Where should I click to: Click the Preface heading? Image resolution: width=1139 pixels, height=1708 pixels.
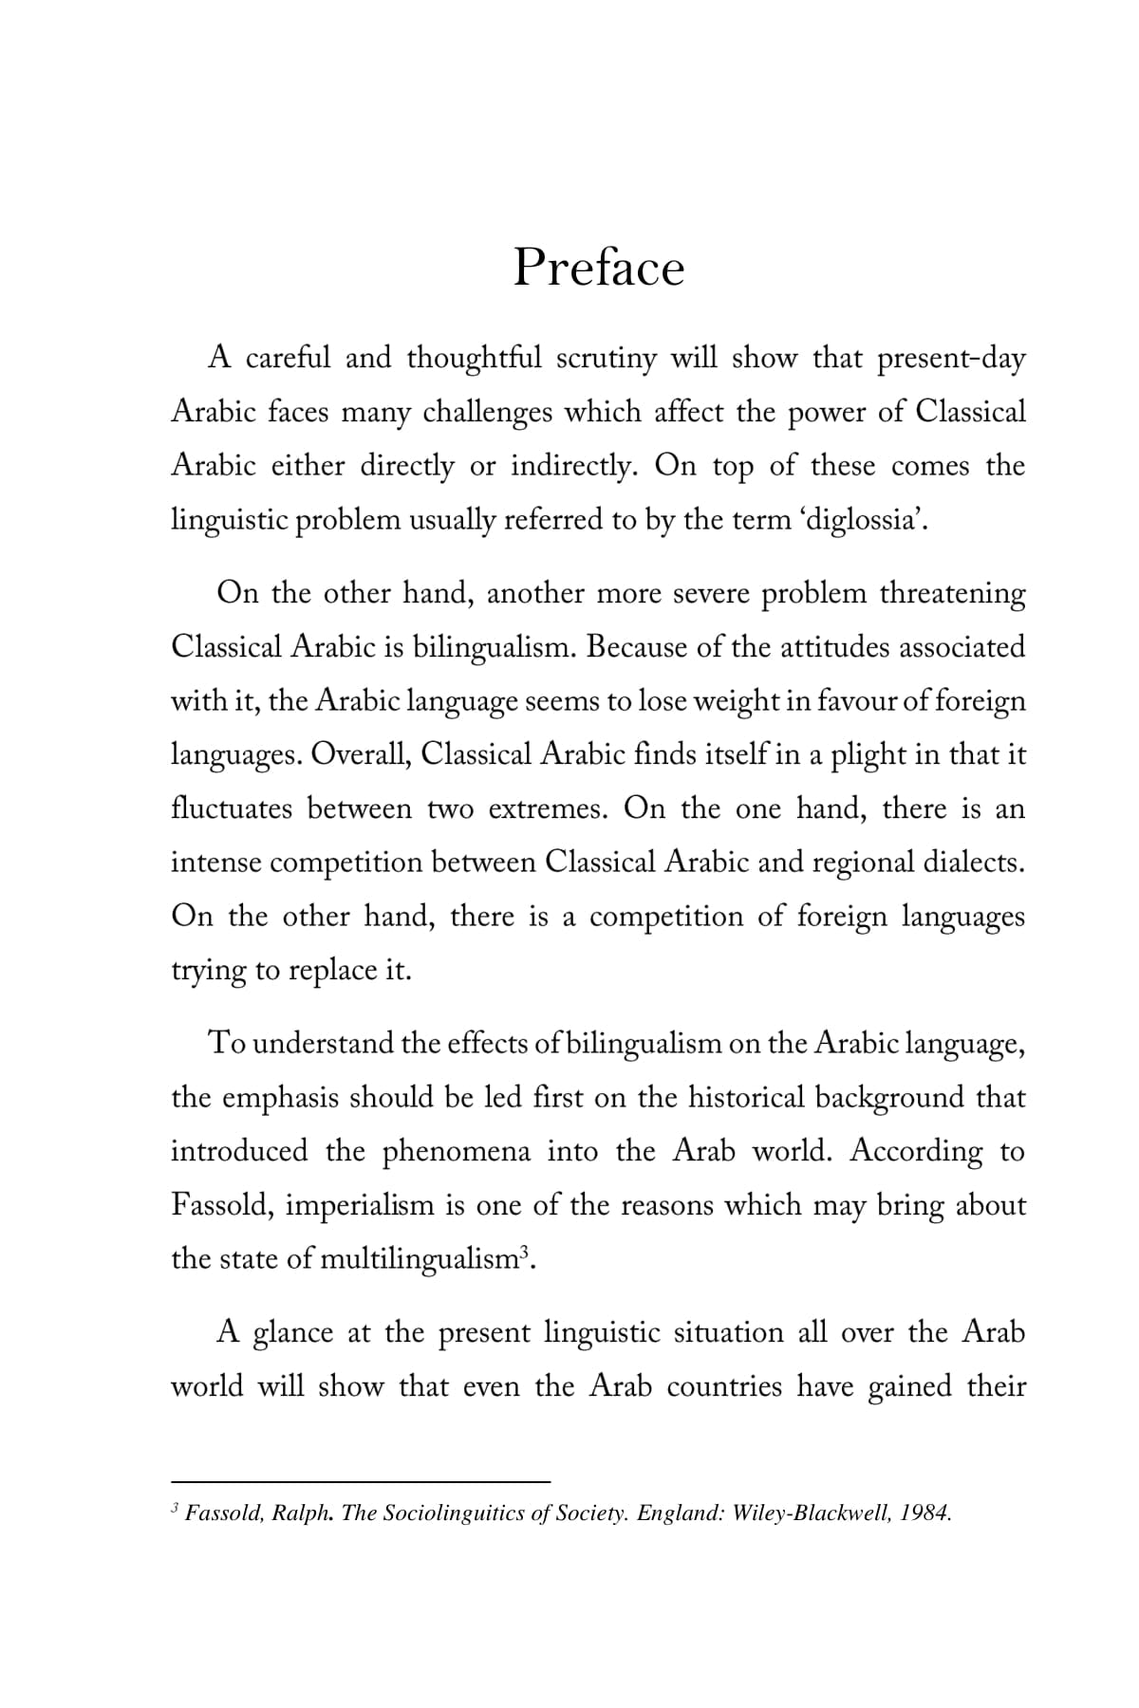(598, 268)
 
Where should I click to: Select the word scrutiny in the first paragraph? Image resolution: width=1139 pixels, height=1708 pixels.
(606, 359)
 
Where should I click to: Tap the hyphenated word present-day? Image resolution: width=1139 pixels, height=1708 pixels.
(951, 359)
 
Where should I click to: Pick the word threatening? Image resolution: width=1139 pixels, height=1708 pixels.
(952, 593)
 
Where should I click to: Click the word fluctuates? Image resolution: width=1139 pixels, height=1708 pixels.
(232, 809)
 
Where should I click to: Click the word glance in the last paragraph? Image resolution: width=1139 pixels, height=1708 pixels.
(293, 1332)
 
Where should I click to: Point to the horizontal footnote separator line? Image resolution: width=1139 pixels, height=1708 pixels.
(361, 1479)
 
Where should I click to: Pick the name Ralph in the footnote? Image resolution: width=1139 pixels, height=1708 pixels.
(300, 1513)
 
